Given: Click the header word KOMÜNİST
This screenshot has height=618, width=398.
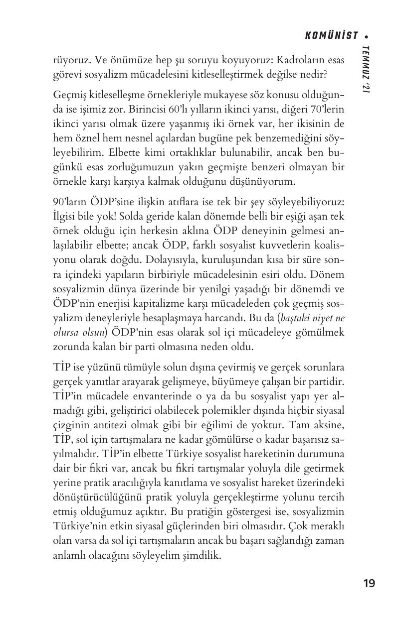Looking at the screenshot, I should coord(331,35).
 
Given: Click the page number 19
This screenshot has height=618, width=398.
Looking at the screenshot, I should coord(369,583).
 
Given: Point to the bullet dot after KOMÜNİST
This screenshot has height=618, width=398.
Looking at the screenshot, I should coord(367,36).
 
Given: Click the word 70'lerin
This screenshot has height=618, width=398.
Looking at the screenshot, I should coord(327,109).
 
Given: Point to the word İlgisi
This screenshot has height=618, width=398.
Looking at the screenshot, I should coord(65,217).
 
